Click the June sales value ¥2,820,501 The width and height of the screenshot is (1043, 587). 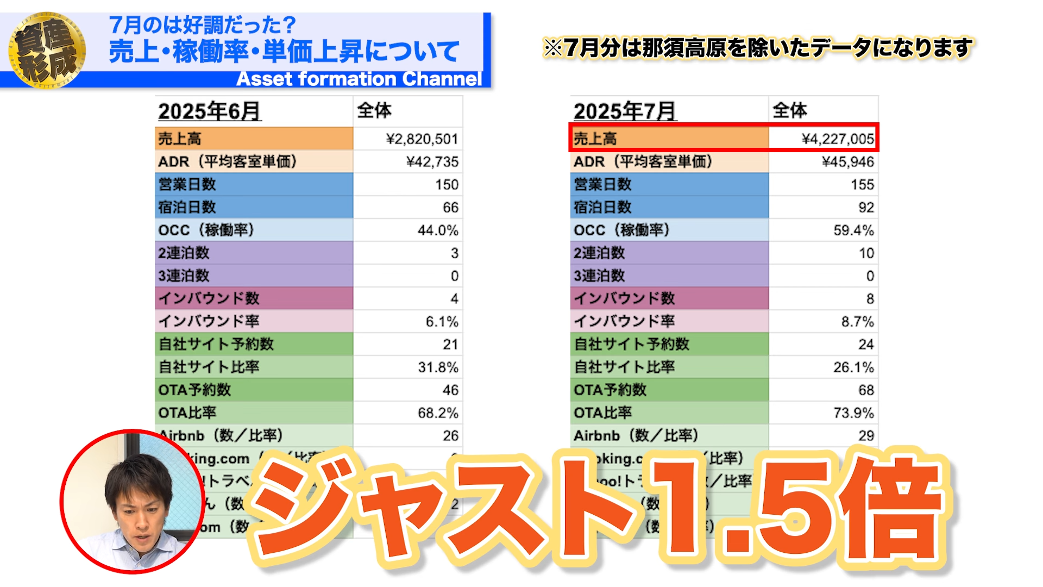[x=422, y=139]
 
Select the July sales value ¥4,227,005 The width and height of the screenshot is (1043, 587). [x=838, y=139]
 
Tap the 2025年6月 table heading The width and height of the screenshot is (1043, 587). [x=210, y=111]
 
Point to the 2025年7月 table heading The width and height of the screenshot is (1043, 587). [x=625, y=111]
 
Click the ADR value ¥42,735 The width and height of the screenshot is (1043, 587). [x=432, y=162]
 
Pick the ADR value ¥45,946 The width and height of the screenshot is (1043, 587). [x=848, y=162]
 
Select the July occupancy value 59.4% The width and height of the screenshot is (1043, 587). [x=853, y=230]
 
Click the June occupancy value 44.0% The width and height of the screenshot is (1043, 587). [x=438, y=230]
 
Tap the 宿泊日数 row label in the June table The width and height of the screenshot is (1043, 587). [x=187, y=208]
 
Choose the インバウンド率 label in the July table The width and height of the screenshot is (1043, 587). [x=625, y=322]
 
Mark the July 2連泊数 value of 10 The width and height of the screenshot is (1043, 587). [x=866, y=253]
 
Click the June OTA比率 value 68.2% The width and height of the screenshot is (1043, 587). [x=438, y=413]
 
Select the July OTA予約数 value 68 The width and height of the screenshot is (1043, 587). [x=866, y=390]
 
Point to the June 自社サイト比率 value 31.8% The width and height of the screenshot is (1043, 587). [x=438, y=367]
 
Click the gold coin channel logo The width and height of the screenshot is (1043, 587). [x=47, y=50]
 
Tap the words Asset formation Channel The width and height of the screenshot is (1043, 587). [x=359, y=79]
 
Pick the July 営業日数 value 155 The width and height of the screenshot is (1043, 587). [x=862, y=185]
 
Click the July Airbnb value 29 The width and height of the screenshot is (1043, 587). [x=866, y=436]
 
